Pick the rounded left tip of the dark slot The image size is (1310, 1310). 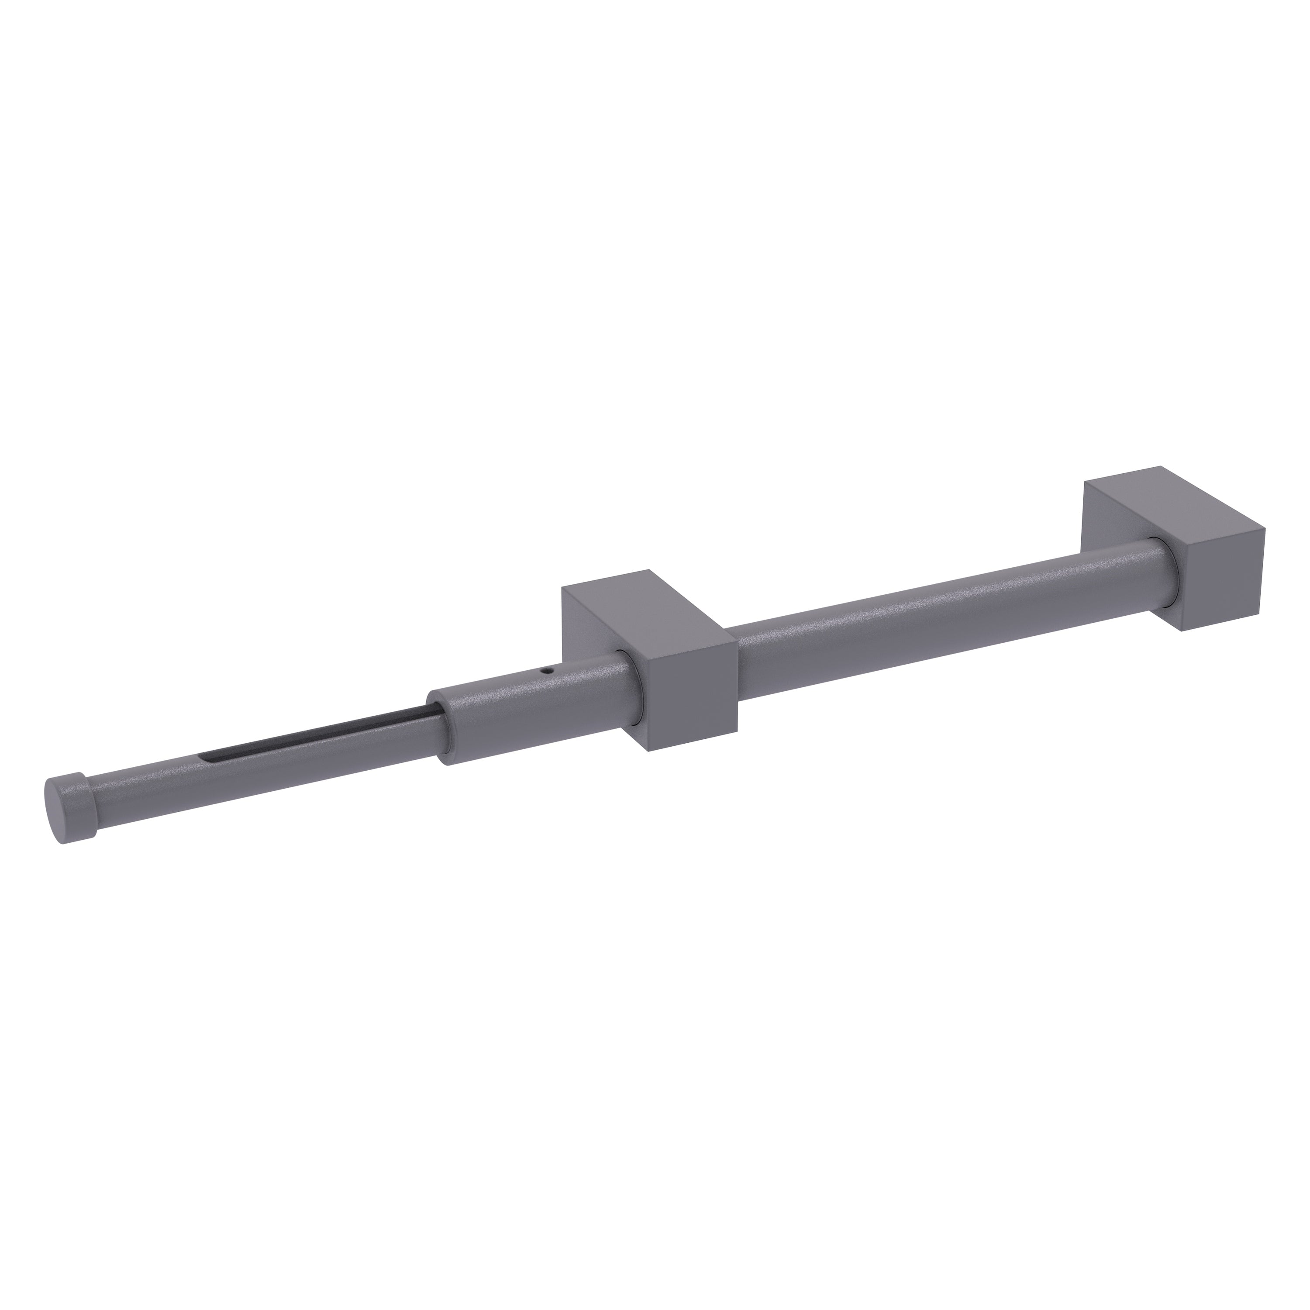tap(207, 755)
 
